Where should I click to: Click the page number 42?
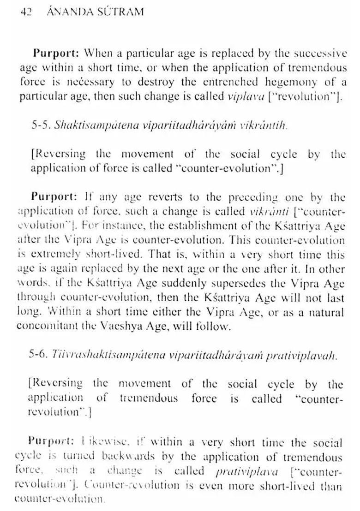(x=25, y=12)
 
